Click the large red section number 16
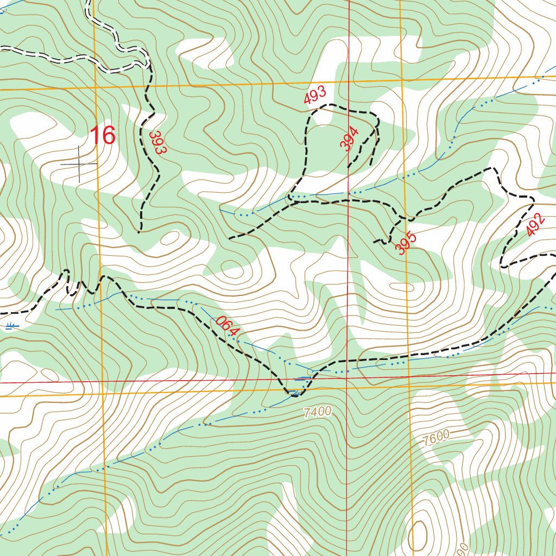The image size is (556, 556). pyautogui.click(x=103, y=135)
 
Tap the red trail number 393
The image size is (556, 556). pyautogui.click(x=156, y=142)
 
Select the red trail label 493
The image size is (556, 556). pyautogui.click(x=315, y=95)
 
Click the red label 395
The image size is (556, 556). pyautogui.click(x=406, y=243)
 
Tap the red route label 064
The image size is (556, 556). pyautogui.click(x=227, y=326)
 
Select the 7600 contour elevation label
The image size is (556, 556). pyautogui.click(x=435, y=436)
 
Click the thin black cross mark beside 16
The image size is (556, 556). pyautogui.click(x=79, y=163)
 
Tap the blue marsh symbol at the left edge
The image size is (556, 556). pyautogui.click(x=11, y=326)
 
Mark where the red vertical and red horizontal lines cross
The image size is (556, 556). pyautogui.click(x=347, y=378)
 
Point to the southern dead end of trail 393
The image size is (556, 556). pyautogui.click(x=140, y=231)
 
